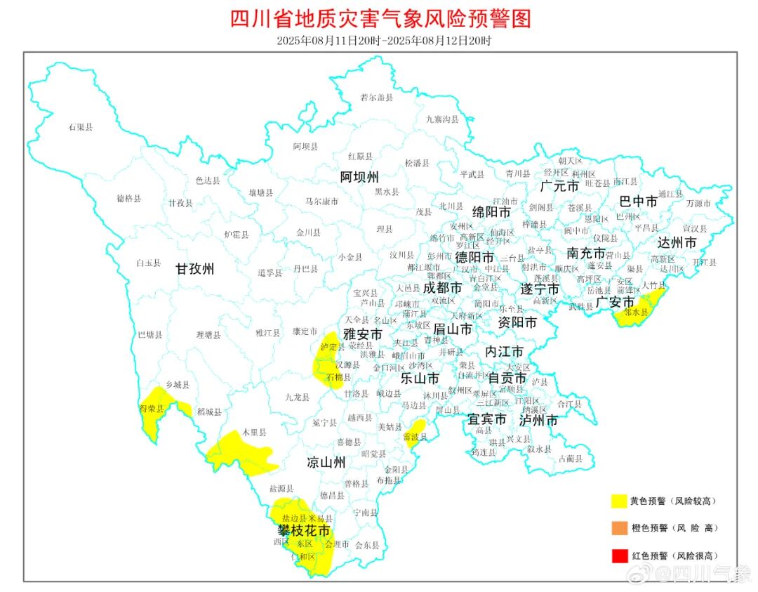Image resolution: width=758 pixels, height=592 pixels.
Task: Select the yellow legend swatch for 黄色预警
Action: (x=618, y=501)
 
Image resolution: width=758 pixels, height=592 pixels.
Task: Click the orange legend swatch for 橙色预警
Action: (x=618, y=528)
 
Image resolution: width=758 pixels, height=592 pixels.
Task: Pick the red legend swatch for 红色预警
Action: (x=618, y=555)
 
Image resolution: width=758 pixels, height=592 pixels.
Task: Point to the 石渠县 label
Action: (x=81, y=127)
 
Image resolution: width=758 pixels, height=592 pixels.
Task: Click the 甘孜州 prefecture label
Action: (x=194, y=268)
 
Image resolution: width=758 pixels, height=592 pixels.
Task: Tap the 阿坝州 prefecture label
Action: (x=359, y=176)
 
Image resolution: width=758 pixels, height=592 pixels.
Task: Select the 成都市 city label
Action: (x=442, y=288)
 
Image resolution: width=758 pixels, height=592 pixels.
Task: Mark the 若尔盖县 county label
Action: (x=376, y=98)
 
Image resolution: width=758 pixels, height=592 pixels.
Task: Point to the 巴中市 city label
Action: (x=639, y=202)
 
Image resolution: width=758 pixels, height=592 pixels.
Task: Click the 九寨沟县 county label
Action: (x=442, y=119)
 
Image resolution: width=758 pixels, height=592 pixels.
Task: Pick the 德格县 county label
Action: (x=128, y=199)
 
